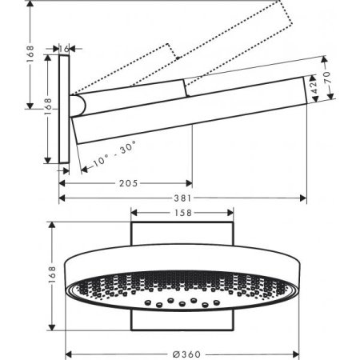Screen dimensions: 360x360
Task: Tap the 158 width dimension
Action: [181, 213]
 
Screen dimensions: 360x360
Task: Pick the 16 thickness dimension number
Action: [66, 48]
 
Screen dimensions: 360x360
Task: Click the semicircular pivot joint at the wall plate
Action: [76, 104]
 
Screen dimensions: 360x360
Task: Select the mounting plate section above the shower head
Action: [181, 237]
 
